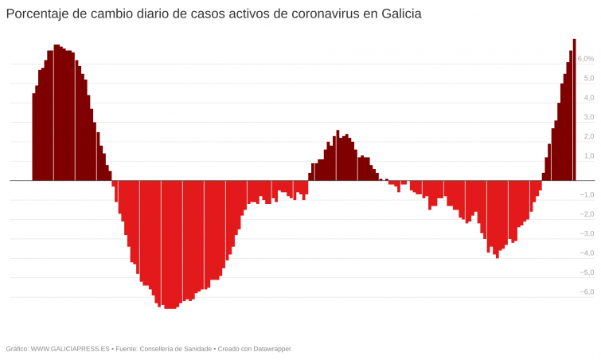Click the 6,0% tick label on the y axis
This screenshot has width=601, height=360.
click(x=585, y=59)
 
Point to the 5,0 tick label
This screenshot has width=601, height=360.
click(x=588, y=78)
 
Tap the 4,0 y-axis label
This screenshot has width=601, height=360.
click(x=588, y=98)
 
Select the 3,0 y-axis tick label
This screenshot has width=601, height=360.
click(x=588, y=117)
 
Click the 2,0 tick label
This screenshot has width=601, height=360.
click(x=588, y=137)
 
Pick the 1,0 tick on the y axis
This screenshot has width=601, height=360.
click(x=588, y=156)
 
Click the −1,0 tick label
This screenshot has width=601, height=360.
click(x=586, y=195)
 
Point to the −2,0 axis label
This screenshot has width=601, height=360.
click(x=586, y=214)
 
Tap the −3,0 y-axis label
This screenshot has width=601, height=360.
click(x=586, y=234)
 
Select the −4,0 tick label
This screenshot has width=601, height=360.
click(x=586, y=253)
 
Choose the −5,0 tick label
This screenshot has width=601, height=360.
click(x=586, y=273)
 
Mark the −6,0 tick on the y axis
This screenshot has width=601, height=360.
click(x=586, y=292)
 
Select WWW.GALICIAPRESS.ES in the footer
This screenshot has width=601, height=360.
click(x=70, y=349)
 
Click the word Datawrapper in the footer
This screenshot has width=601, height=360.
click(x=269, y=349)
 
